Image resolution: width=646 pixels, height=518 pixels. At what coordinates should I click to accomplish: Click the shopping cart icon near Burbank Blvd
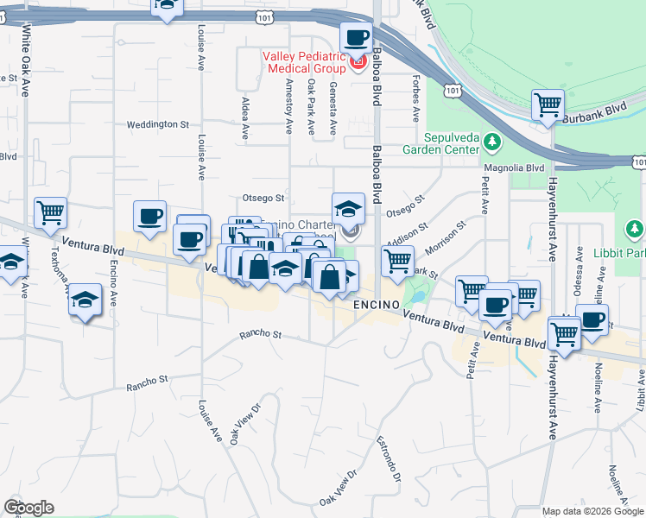(548, 106)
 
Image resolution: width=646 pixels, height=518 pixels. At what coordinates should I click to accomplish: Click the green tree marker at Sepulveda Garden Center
(492, 141)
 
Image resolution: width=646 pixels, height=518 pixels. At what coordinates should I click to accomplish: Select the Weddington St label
(157, 124)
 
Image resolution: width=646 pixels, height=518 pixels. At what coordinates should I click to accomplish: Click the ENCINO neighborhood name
(380, 306)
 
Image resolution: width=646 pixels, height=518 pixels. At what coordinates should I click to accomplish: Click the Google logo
(28, 508)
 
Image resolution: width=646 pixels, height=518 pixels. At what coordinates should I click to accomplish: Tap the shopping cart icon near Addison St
(397, 260)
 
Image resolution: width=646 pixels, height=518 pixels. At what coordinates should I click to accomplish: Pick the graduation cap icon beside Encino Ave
(84, 300)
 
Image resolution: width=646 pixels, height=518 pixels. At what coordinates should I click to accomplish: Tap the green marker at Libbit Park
(634, 230)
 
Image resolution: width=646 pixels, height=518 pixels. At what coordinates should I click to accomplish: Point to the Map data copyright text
(592, 511)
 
